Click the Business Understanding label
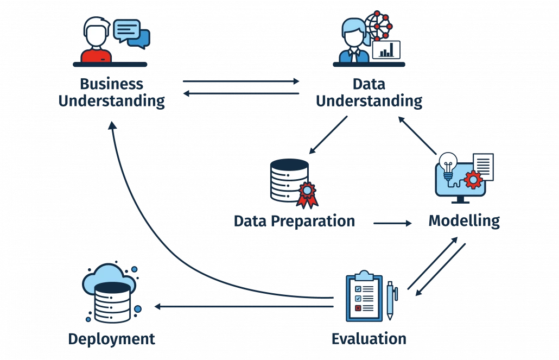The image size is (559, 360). point(111,93)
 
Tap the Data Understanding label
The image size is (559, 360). point(369,93)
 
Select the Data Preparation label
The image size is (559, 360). point(295,221)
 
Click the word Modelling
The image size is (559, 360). point(463,221)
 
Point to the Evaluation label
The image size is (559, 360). point(369,339)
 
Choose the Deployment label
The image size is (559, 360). point(112,339)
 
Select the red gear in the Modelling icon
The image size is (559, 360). point(474,179)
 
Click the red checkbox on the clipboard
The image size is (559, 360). point(358,308)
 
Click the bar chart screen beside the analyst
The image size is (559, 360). point(386,50)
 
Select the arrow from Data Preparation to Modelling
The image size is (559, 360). point(392,223)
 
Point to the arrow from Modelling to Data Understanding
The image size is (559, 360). point(417,136)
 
